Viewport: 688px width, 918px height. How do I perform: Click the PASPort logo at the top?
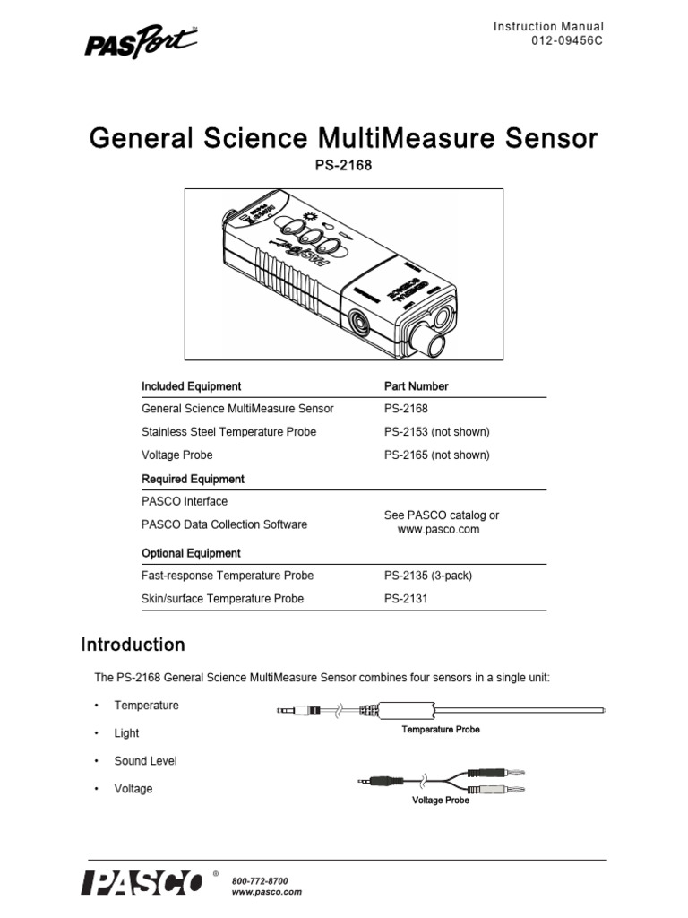(x=141, y=42)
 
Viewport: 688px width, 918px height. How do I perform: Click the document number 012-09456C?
(x=562, y=43)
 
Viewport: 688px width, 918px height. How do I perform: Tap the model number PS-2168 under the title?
(x=343, y=168)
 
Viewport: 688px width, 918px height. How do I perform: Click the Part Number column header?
(x=416, y=386)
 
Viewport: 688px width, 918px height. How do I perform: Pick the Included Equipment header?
(x=191, y=386)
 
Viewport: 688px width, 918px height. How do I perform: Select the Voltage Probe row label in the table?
(x=176, y=455)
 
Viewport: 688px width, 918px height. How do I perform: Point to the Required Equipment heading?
(x=193, y=479)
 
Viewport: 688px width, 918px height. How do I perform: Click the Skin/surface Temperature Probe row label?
(x=222, y=599)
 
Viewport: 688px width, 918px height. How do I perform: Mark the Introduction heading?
(x=133, y=645)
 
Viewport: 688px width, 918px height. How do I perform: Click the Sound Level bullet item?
(x=145, y=761)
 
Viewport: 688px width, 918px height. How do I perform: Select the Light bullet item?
(x=126, y=733)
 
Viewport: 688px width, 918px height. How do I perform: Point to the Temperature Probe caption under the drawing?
(x=440, y=730)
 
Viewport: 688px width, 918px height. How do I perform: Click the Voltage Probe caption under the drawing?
(x=440, y=801)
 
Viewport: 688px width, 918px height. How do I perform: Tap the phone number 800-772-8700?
(x=260, y=881)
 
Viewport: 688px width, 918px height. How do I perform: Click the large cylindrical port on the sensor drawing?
(x=432, y=342)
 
